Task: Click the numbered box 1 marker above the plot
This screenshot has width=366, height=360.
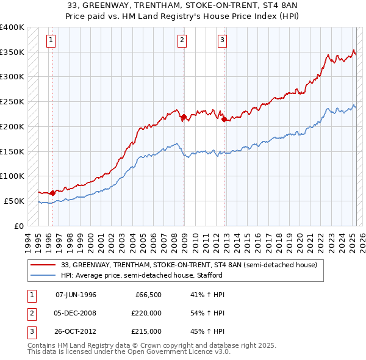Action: coord(50,41)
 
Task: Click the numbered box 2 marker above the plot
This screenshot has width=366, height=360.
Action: coord(182,41)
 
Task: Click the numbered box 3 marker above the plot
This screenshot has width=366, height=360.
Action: coord(222,41)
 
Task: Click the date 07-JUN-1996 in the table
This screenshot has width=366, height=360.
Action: coord(76,295)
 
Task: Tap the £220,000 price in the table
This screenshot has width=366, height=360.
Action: coord(147,313)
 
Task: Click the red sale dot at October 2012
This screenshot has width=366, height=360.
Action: coord(224,119)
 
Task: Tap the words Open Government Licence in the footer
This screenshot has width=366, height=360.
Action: coord(165,351)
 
